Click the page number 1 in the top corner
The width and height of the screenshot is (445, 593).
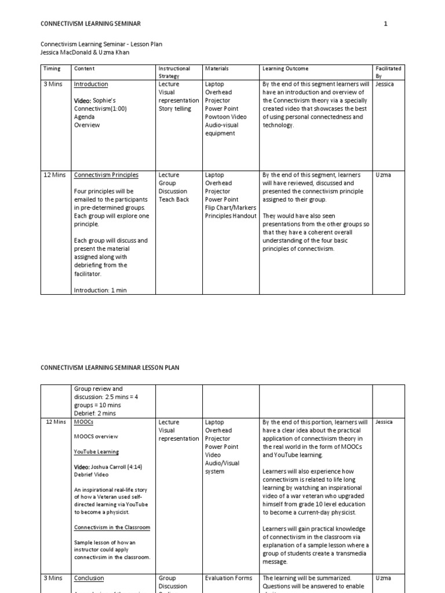point(385,23)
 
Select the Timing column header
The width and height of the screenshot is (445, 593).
point(52,68)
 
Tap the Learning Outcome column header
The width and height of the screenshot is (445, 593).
point(285,68)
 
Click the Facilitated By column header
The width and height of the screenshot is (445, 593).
point(388,72)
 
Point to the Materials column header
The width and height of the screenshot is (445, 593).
point(217,68)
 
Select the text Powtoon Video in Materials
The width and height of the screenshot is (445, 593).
point(225,117)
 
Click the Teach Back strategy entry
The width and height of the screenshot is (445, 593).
point(174,199)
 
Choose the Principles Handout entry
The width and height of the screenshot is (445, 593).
point(230,216)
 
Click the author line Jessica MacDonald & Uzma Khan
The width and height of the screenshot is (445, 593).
point(85,52)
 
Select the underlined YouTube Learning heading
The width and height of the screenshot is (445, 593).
point(96,452)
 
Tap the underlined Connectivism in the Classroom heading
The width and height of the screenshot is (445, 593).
point(112,527)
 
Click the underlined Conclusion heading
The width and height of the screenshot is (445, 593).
point(89,578)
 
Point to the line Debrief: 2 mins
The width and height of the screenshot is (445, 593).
point(94,413)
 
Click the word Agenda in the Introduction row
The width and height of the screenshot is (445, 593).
point(85,117)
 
